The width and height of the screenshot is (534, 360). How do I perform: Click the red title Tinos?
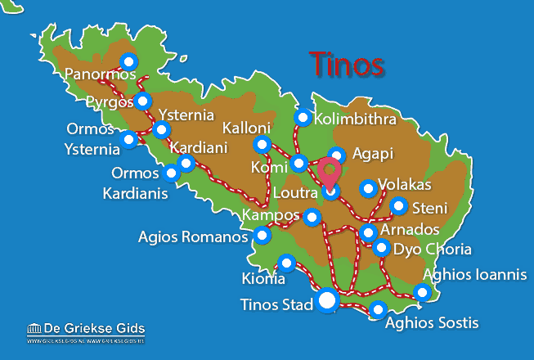tap(347, 64)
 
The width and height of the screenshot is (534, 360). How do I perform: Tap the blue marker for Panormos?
tap(128, 61)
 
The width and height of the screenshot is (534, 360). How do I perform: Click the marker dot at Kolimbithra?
tap(303, 117)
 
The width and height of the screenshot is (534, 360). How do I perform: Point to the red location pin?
tap(330, 174)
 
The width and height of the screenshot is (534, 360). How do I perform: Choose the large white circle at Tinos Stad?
tap(327, 301)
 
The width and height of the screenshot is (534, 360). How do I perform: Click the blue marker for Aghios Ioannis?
tap(422, 291)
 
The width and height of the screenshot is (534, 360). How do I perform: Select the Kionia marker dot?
tap(286, 263)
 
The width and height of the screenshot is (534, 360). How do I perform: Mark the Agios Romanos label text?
tap(193, 237)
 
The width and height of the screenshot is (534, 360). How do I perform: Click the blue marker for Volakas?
tap(368, 188)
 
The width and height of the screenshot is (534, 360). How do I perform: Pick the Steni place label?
tap(430, 207)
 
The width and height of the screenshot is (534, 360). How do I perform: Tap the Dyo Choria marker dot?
tap(381, 247)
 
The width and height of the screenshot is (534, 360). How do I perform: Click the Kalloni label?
tap(246, 128)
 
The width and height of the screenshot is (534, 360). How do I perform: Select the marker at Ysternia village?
tap(162, 129)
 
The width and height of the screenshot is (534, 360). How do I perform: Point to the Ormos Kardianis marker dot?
tap(171, 173)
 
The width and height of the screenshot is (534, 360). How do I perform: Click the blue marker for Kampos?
tap(312, 217)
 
